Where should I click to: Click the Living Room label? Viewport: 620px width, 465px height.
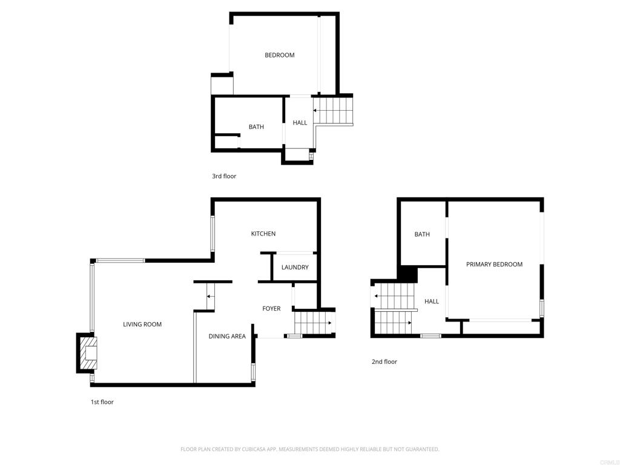pos(142,325)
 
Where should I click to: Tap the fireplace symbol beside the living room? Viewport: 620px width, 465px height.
pos(87,352)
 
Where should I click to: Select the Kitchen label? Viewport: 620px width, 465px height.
pos(263,234)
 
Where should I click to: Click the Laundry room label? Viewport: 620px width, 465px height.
pos(295,267)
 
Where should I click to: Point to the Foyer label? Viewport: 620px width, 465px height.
pos(271,309)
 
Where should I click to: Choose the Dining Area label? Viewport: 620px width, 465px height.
pos(227,337)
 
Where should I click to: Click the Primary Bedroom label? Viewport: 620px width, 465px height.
pos(494,265)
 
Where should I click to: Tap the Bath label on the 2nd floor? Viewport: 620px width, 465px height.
pos(422,234)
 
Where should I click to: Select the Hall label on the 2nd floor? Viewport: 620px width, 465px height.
pos(432,302)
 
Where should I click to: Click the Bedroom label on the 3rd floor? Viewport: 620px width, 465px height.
pos(280,55)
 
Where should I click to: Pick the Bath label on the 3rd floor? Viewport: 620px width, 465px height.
pos(256,127)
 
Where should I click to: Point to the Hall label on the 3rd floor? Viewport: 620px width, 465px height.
pos(300,123)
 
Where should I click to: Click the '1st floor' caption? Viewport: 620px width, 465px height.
pos(102,402)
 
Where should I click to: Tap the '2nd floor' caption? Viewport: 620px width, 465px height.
pos(384,362)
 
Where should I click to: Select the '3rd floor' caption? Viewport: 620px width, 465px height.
pos(224,176)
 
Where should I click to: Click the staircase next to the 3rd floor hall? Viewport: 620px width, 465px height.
pos(333,111)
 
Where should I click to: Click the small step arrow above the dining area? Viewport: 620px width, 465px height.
pos(210,296)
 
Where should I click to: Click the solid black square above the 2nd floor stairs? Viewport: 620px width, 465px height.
pos(407,274)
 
